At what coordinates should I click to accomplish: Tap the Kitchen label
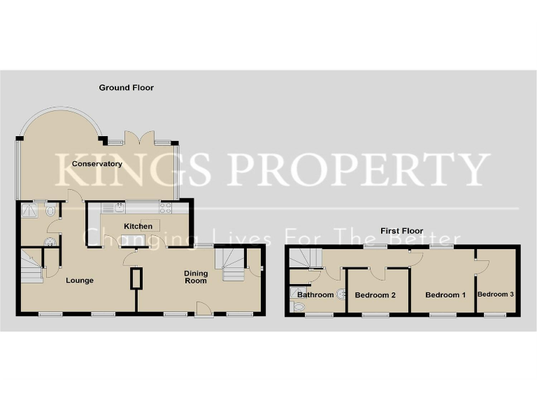138,226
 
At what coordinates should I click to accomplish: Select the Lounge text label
80,281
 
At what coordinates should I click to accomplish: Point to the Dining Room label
196,277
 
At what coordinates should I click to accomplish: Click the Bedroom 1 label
445,295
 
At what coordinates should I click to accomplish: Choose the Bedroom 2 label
375,295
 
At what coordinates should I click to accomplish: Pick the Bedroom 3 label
496,295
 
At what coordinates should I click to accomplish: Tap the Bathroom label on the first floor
315,295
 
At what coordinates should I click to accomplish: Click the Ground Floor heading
126,88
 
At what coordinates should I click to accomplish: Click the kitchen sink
117,207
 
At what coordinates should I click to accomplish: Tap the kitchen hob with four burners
166,207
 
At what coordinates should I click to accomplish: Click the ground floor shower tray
30,210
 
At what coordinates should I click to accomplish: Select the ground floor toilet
50,241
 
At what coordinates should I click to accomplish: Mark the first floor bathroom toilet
299,305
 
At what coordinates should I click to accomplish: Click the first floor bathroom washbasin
342,295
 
